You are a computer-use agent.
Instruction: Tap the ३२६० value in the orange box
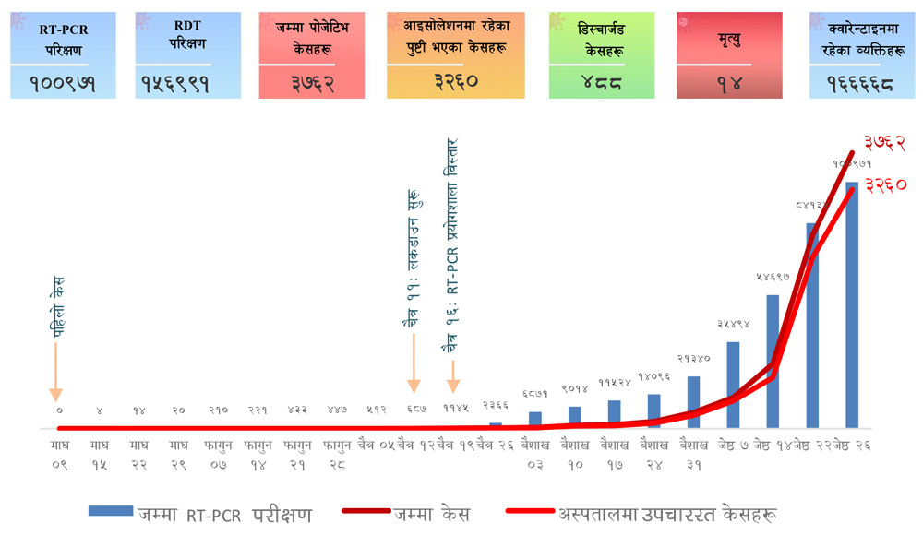[456, 81]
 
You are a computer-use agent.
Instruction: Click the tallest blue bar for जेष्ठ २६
[852, 304]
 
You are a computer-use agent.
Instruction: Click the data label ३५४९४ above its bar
[734, 324]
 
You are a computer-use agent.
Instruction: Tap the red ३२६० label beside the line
[886, 184]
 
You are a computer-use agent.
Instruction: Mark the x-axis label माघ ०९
[59, 455]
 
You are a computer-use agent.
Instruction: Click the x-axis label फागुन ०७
[218, 455]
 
